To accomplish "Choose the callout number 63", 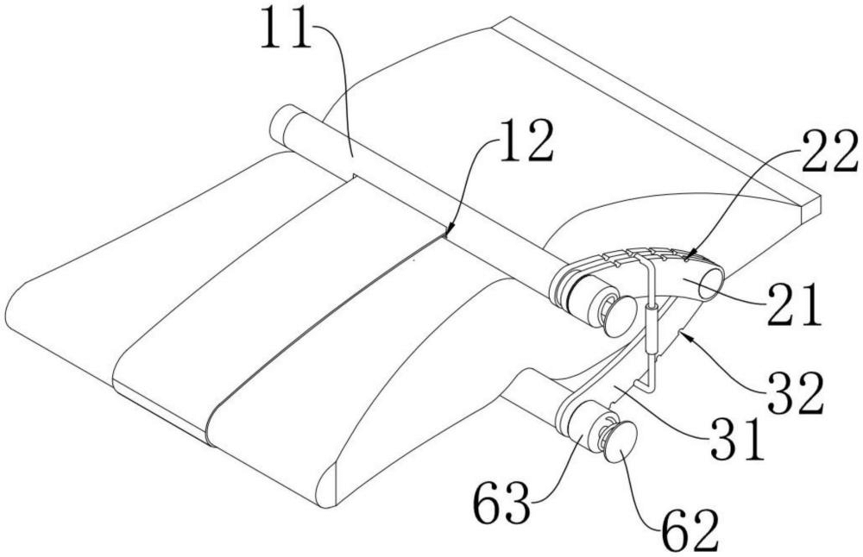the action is click(x=502, y=502).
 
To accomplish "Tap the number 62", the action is click(x=690, y=530).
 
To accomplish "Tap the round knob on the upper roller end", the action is click(x=620, y=316).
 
